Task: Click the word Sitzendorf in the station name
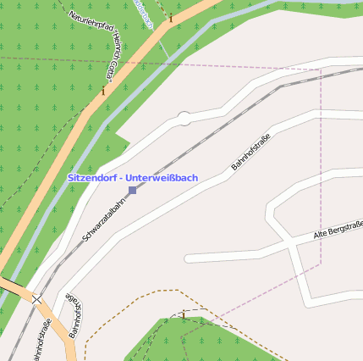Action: tap(91, 178)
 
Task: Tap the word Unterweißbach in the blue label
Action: tap(161, 178)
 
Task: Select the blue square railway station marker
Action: tap(132, 191)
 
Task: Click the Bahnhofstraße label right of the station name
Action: tap(250, 153)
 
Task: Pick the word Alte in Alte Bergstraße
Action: tap(321, 233)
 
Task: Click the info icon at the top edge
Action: tap(171, 17)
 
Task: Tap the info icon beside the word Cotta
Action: tap(104, 91)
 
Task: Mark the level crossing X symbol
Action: tap(38, 297)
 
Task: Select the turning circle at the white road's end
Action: tap(184, 119)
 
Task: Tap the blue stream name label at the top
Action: tap(142, 12)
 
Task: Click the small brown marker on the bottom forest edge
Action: tap(182, 315)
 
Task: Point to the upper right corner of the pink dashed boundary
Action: tap(321, 69)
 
